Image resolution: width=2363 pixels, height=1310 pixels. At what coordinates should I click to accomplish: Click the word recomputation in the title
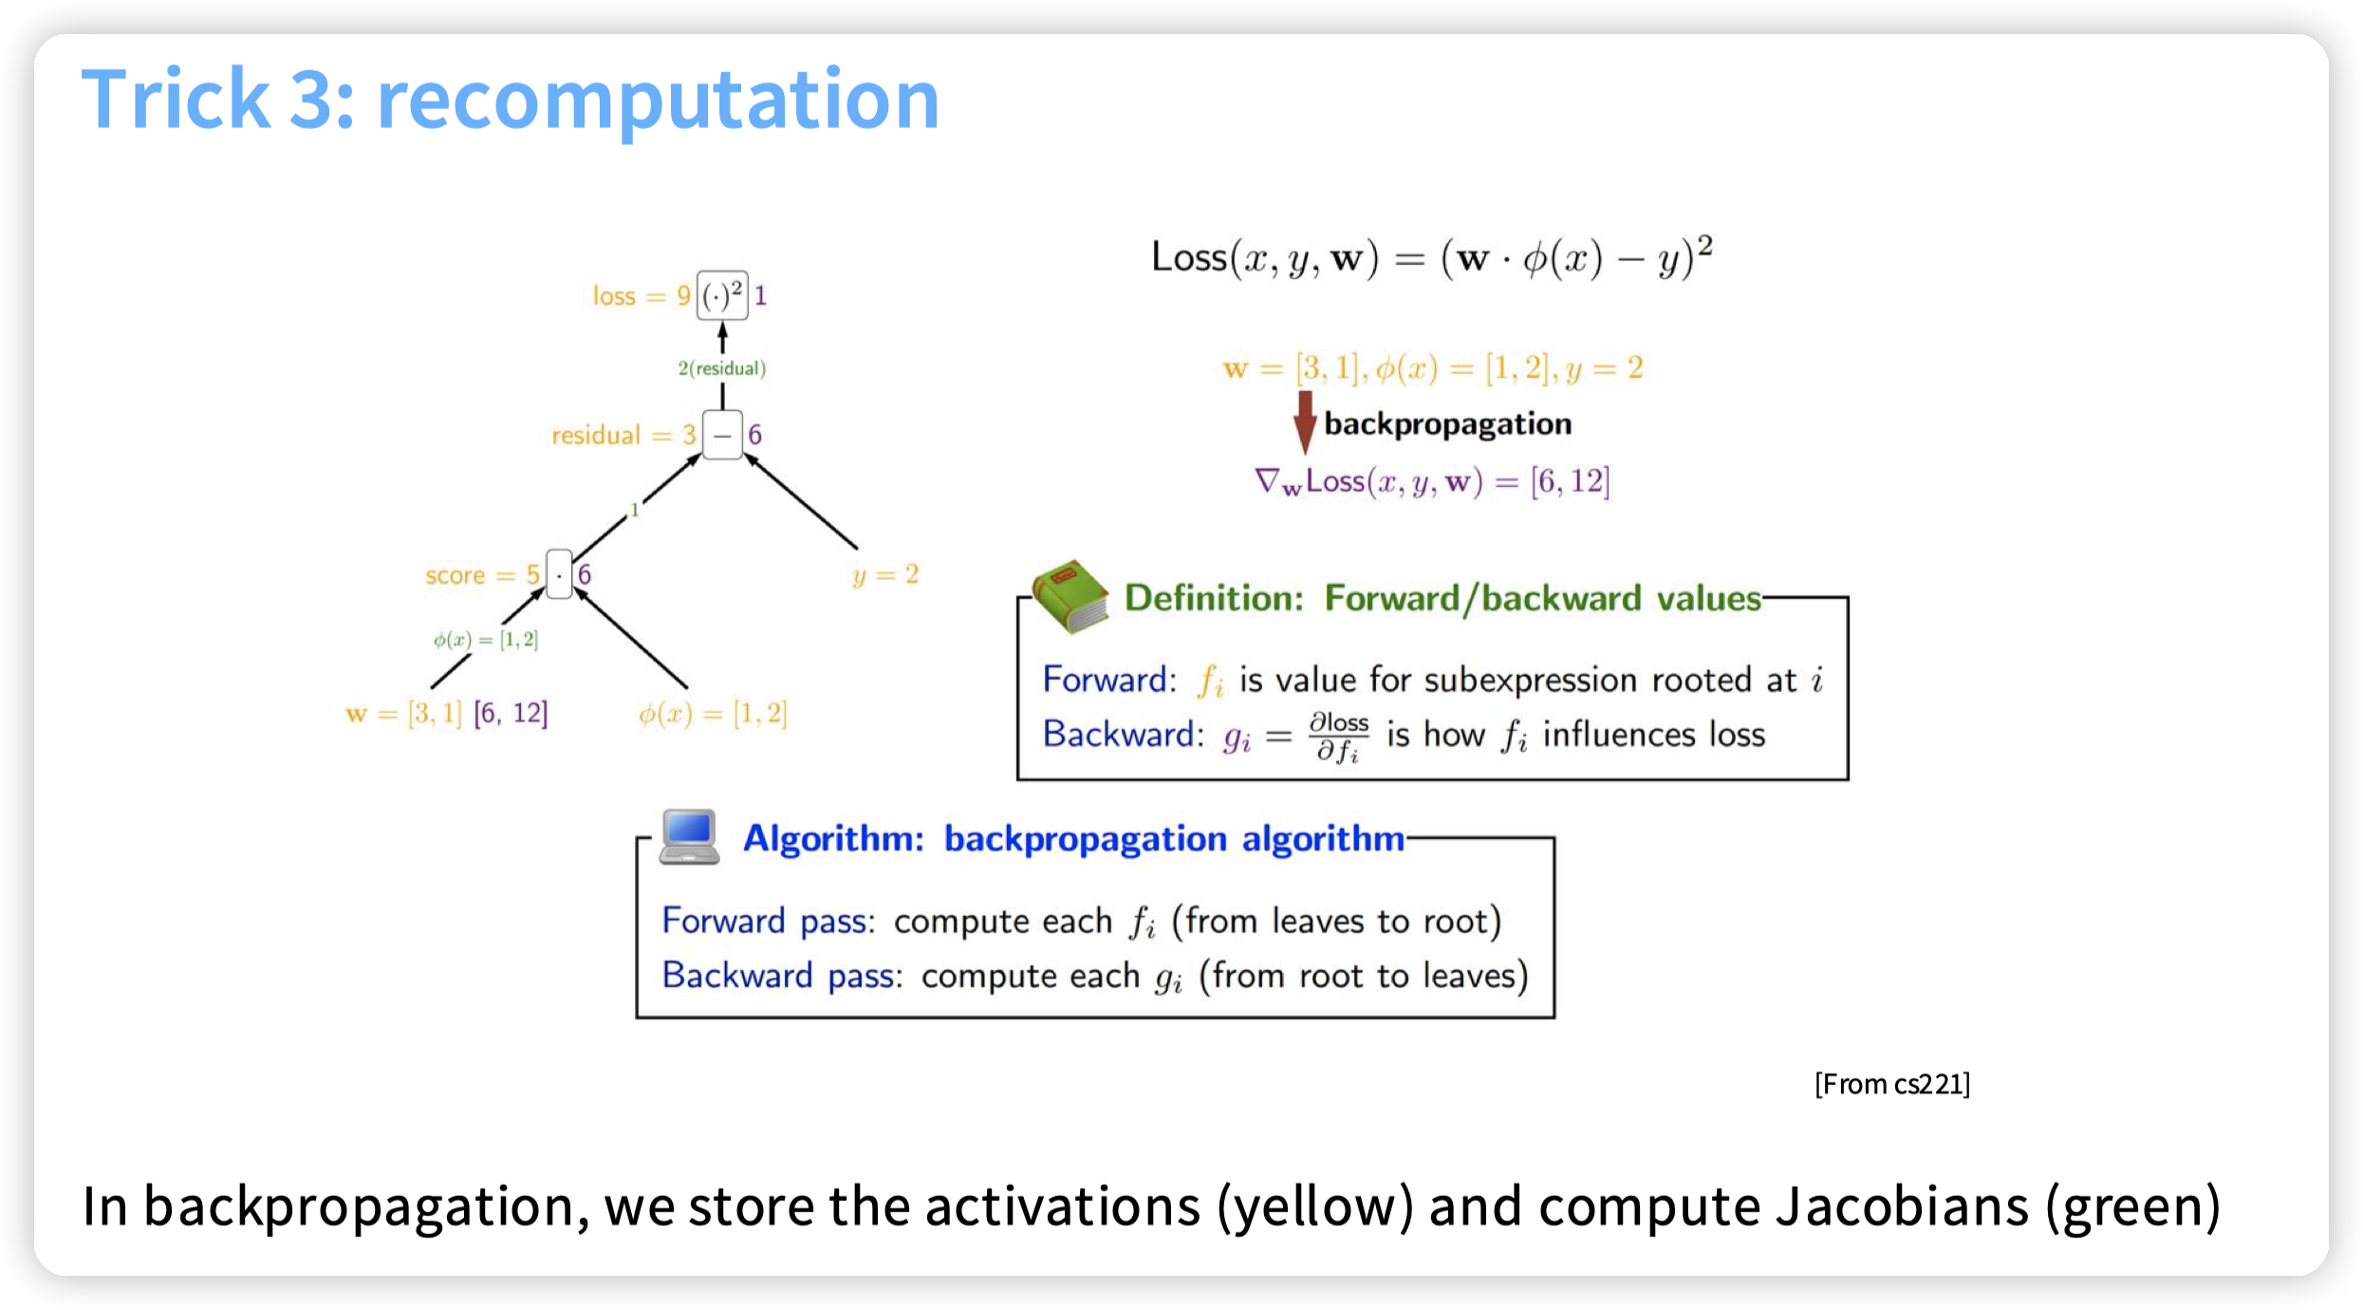658,100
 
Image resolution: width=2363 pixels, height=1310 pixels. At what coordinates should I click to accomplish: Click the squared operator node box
722,295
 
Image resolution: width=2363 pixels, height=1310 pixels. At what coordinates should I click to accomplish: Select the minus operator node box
722,435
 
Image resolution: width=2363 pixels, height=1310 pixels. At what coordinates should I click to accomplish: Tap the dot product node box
559,574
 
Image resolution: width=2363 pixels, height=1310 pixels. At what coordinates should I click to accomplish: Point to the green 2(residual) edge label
721,368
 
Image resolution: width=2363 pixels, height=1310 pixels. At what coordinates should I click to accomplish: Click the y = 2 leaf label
885,575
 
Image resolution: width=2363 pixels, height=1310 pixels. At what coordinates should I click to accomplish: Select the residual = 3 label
623,436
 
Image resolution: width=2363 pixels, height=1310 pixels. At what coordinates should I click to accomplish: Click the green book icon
1070,596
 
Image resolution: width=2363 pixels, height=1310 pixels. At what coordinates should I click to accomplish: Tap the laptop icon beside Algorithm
690,836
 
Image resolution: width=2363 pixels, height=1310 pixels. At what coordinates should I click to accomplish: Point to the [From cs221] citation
1891,1084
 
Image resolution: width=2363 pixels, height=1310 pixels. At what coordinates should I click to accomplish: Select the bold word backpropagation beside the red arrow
1447,423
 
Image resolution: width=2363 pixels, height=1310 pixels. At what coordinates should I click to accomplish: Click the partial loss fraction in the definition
1338,737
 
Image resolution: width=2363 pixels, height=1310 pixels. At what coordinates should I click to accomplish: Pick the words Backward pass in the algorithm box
781,976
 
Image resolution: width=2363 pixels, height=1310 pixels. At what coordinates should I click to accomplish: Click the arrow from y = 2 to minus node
802,503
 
